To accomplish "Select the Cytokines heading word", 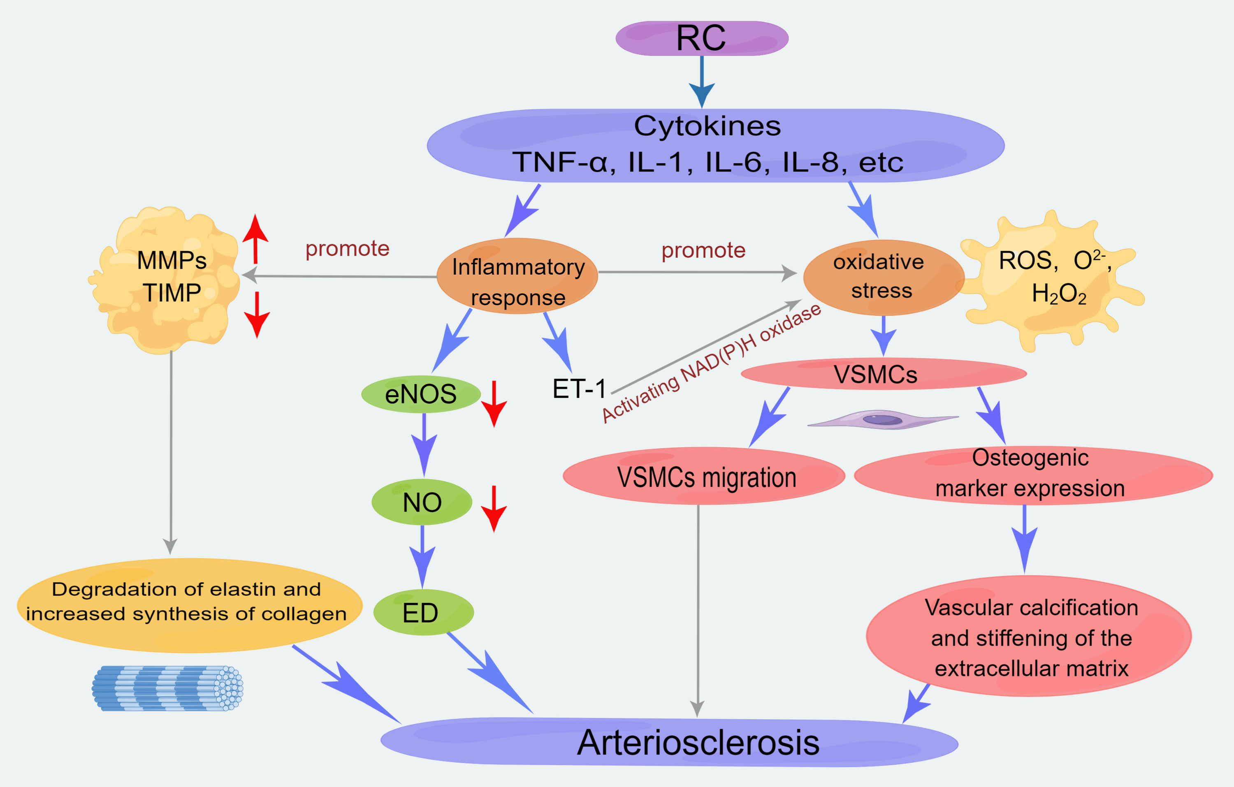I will point(707,126).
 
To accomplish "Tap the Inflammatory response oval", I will point(517,277).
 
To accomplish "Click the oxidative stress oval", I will point(882,277).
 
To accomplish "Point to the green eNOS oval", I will point(420,394).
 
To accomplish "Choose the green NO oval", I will point(422,502).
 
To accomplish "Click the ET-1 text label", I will point(579,389).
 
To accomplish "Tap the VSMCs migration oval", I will point(706,477).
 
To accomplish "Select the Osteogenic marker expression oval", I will point(1031,475).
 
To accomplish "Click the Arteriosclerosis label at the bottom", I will point(698,743).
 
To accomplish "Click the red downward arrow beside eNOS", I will point(494,404).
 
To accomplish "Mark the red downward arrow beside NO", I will point(494,509).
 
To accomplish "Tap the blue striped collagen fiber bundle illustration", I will point(167,688).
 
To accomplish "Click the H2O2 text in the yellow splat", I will point(1059,294).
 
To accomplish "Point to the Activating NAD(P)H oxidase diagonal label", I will point(711,364).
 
